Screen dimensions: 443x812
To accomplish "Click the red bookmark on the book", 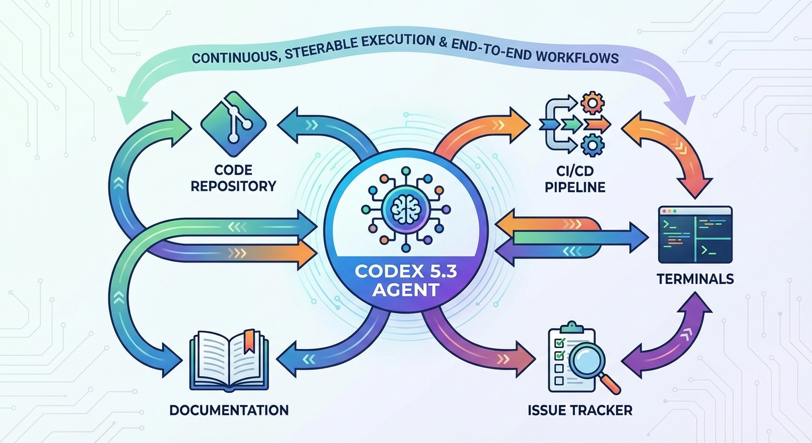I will click(249, 340).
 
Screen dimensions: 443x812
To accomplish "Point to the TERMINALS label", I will click(695, 279).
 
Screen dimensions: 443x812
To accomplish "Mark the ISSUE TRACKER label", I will click(580, 411).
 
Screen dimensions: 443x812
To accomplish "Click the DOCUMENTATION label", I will click(229, 411).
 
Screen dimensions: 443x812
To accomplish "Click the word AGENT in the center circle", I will click(405, 290).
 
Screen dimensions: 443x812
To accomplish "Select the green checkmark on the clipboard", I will click(558, 344).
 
